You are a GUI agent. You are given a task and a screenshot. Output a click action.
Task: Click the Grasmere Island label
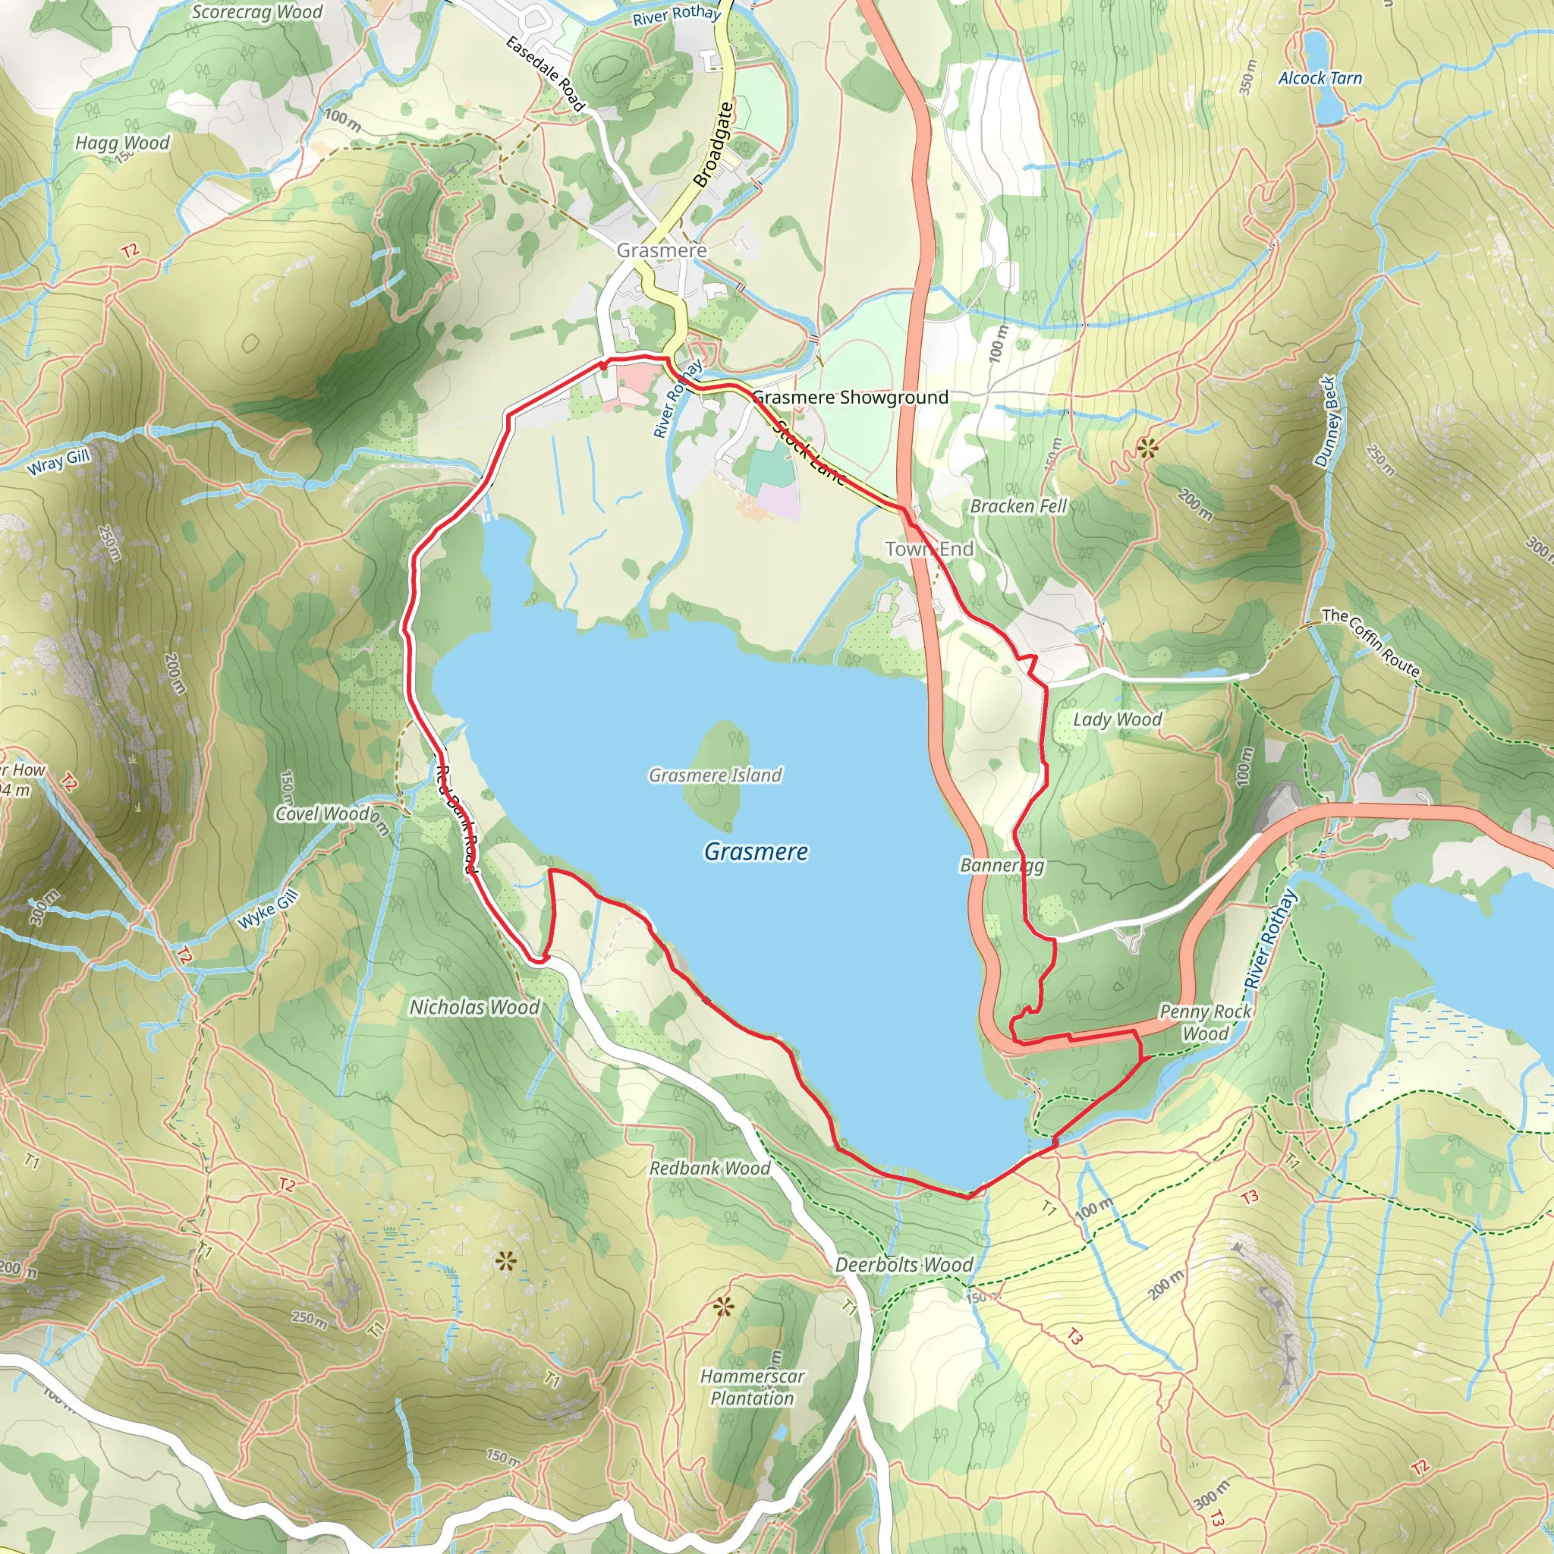point(715,775)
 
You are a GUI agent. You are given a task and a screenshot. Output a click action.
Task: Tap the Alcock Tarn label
point(1320,78)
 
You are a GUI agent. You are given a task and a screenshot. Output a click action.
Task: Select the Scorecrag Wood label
point(256,12)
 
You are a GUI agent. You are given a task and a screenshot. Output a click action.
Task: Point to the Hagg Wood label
point(122,143)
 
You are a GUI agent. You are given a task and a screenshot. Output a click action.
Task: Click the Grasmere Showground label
point(850,398)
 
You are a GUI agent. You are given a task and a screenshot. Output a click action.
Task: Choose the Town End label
point(929,549)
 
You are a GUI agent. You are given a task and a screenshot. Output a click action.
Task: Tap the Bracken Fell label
point(1018,506)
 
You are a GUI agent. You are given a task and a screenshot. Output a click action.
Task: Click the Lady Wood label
point(1117,719)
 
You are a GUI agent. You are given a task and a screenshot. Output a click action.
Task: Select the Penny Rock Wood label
point(1205,1022)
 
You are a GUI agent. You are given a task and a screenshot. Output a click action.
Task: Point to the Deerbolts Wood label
point(903,1265)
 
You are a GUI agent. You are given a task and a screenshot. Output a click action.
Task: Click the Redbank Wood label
point(709,1168)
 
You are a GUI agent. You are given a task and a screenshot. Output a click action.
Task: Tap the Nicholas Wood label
point(474,1007)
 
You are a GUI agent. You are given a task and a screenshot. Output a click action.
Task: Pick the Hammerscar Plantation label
point(751,1387)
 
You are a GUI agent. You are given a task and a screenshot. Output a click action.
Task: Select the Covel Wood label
point(322,814)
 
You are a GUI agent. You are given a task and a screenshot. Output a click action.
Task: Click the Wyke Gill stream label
point(269,910)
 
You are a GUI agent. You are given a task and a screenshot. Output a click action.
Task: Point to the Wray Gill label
point(58,463)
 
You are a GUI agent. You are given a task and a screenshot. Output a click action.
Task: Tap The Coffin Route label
point(1370,642)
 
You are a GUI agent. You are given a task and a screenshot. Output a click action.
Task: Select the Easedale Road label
point(545,72)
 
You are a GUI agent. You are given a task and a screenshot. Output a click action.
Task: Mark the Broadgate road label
point(713,145)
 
